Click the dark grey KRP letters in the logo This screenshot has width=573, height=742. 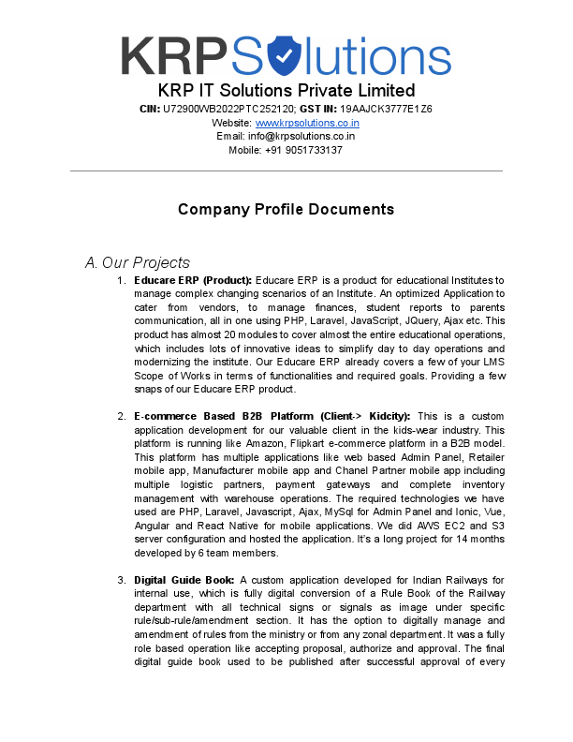coord(174,57)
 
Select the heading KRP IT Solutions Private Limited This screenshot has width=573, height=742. coord(286,91)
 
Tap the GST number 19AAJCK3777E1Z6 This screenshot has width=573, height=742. coord(386,109)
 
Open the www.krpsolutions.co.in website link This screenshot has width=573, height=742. coord(307,123)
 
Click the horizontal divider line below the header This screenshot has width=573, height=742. coord(286,171)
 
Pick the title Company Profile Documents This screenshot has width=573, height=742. coord(286,209)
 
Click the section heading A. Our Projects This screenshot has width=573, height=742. coord(137,262)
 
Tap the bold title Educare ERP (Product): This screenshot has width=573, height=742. coord(193,280)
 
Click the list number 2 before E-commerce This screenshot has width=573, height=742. coord(121,416)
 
